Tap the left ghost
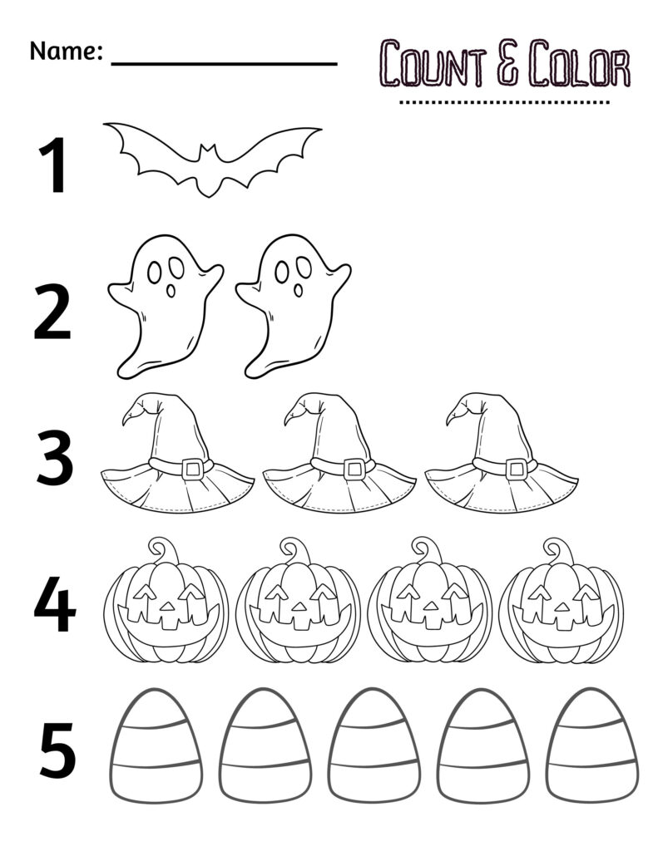[x=166, y=303]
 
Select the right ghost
[x=293, y=303]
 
